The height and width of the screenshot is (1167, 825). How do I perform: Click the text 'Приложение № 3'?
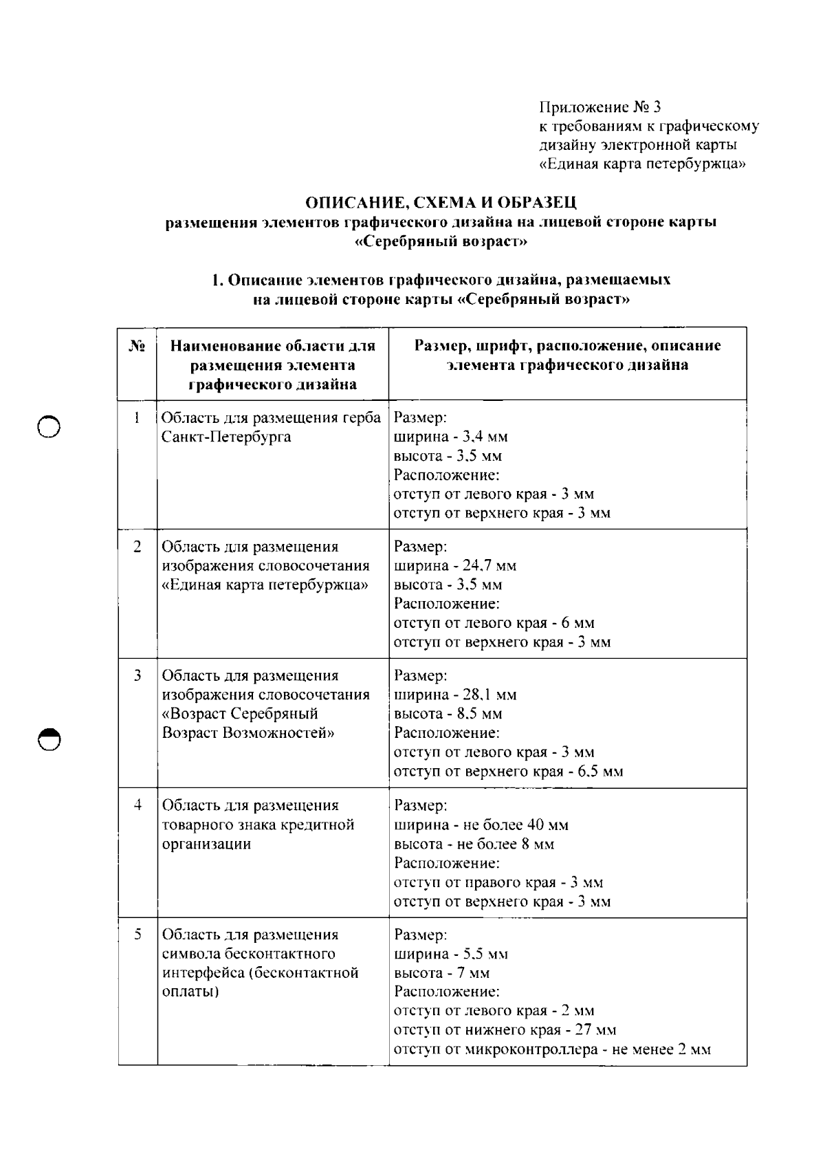(x=599, y=107)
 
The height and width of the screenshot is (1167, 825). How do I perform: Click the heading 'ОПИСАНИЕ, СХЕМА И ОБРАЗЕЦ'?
(x=441, y=203)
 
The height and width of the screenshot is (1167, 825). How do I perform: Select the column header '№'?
(x=137, y=346)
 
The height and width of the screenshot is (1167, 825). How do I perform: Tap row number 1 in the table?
(x=137, y=417)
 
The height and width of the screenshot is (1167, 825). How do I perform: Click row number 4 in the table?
(x=137, y=805)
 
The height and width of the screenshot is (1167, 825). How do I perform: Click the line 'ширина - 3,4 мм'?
(x=450, y=437)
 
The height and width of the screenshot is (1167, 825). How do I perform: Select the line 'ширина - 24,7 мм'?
(x=454, y=566)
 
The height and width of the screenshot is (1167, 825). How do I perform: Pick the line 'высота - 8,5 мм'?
(x=448, y=714)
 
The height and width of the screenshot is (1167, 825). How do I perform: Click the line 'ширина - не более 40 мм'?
(x=481, y=825)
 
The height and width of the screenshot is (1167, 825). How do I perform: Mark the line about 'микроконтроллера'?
(x=552, y=1049)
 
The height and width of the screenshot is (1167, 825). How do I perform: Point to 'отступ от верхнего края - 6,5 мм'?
(x=508, y=772)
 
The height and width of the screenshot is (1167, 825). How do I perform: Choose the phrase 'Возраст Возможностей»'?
(x=248, y=733)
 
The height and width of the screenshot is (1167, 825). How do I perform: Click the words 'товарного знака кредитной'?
(x=258, y=825)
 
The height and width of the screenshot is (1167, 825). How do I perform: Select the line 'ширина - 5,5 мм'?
(x=450, y=954)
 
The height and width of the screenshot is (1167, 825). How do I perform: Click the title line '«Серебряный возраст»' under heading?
(x=441, y=242)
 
